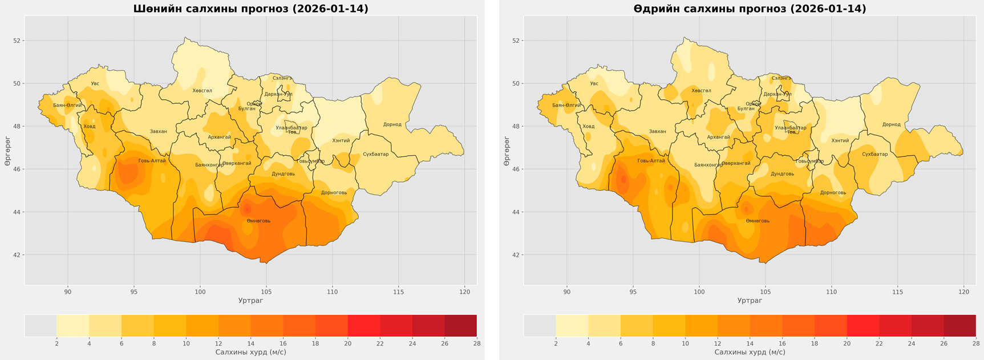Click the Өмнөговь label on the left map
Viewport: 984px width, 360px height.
pos(258,221)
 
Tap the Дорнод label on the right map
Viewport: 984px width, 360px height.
pos(891,124)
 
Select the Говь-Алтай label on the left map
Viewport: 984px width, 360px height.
pos(152,161)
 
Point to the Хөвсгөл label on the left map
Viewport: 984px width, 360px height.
pos(202,91)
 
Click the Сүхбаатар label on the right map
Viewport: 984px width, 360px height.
pos(874,154)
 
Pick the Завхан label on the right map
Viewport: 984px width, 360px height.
pos(657,131)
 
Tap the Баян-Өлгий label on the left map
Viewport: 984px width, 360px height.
pos(67,105)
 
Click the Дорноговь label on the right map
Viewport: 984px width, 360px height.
pos(833,192)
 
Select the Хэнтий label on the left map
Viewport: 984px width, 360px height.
pos(341,140)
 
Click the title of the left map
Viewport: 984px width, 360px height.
pos(250,9)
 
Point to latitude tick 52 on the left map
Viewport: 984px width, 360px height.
pos(17,41)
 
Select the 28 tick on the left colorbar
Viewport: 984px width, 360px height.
pos(476,343)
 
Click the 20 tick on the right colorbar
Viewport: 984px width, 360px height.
pos(847,343)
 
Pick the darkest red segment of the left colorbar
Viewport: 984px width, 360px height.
pos(460,325)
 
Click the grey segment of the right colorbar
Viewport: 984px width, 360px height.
pos(540,325)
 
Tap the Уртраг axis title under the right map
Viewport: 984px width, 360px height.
pos(750,301)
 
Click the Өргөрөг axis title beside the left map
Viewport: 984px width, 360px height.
pos(7,151)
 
